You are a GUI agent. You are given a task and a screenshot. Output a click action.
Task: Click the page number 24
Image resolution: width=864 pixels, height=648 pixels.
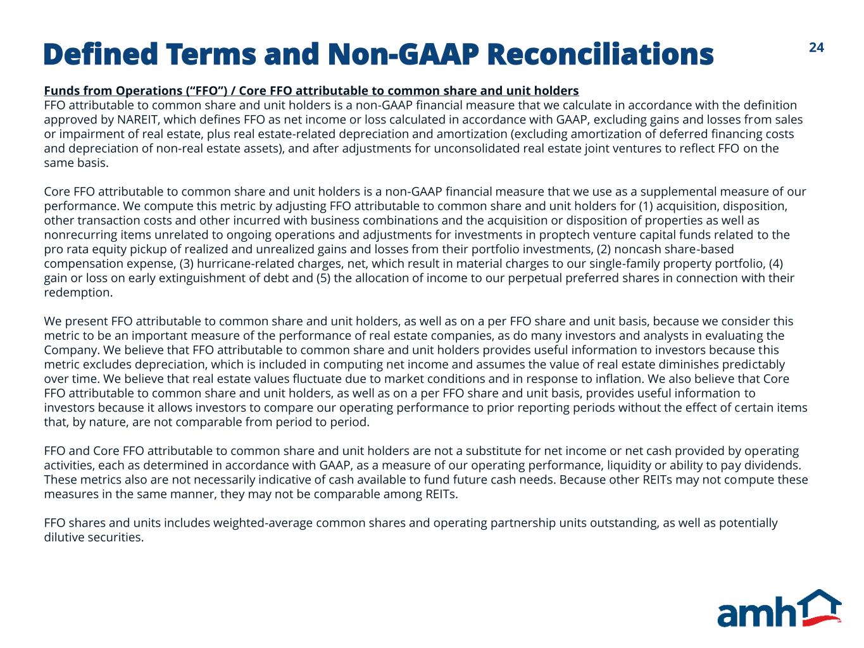pyautogui.click(x=816, y=47)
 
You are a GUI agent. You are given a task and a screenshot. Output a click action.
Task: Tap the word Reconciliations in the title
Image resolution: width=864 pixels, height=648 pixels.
pyautogui.click(x=600, y=54)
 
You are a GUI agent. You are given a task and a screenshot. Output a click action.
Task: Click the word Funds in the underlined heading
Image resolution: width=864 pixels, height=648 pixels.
pyautogui.click(x=59, y=90)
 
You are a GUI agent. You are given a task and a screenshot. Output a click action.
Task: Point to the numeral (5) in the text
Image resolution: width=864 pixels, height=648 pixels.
pyautogui.click(x=323, y=278)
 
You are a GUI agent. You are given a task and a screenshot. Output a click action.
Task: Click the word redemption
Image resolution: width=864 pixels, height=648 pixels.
pyautogui.click(x=78, y=293)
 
